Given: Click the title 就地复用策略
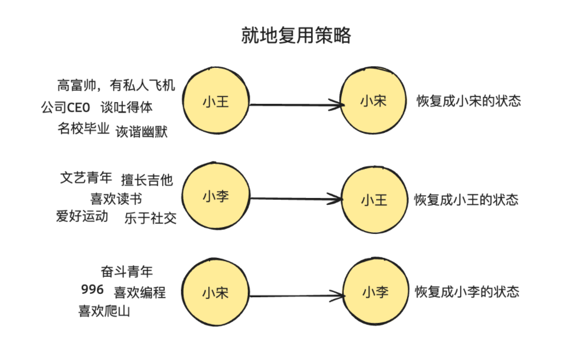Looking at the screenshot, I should click(x=295, y=35).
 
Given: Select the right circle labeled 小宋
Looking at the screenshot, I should click(x=373, y=102).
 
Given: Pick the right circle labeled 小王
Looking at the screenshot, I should click(x=373, y=200).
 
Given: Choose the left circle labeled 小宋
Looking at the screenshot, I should click(x=216, y=293).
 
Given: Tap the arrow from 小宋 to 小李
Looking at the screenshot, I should click(x=297, y=296).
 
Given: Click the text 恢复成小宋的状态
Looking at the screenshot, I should click(x=469, y=102).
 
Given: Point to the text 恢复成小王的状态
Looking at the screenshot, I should click(x=466, y=200).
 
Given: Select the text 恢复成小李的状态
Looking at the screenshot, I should click(x=467, y=292).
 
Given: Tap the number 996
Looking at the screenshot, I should click(x=92, y=290).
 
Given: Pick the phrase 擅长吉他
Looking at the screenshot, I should click(x=147, y=180).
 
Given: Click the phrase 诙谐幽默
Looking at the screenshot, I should click(x=142, y=131).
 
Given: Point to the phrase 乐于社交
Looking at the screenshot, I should click(x=150, y=218).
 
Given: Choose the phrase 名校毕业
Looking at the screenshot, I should click(x=83, y=128).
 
